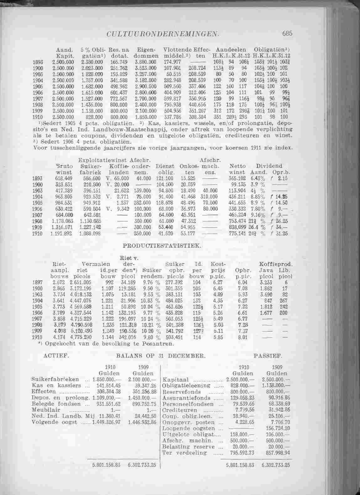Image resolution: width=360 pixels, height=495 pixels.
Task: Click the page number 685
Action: pyautogui.click(x=287, y=33)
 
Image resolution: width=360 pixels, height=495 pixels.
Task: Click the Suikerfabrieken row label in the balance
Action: pyautogui.click(x=55, y=379)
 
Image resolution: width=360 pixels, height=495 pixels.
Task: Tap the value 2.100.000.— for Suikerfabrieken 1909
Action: pyautogui.click(x=142, y=379)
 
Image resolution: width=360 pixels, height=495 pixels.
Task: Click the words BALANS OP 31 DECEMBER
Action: pyautogui.click(x=161, y=356)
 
